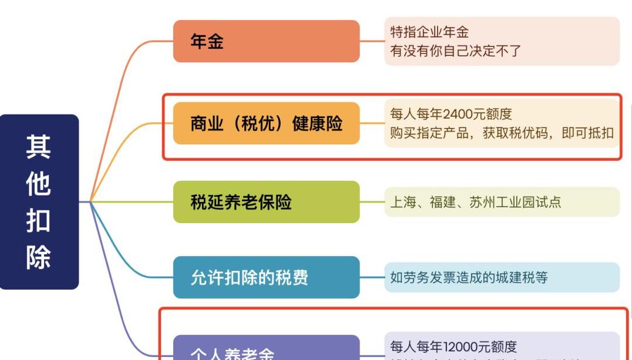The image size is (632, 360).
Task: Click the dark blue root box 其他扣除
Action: click(39, 201)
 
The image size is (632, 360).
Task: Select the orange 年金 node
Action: click(266, 41)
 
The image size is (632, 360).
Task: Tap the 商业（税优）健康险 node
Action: click(266, 123)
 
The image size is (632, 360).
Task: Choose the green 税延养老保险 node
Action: click(266, 202)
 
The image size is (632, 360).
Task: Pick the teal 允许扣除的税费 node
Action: click(266, 277)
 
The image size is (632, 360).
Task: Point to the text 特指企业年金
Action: click(429, 32)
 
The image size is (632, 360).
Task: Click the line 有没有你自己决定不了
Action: click(456, 51)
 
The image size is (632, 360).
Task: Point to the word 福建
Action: click(442, 203)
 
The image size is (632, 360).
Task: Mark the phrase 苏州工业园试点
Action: click(515, 203)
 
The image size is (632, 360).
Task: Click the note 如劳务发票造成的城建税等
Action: click(469, 277)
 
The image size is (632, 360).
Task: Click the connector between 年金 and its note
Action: click(372, 41)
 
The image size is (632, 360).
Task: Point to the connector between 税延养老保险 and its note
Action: click(372, 202)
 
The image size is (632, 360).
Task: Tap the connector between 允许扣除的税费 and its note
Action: click(372, 277)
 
